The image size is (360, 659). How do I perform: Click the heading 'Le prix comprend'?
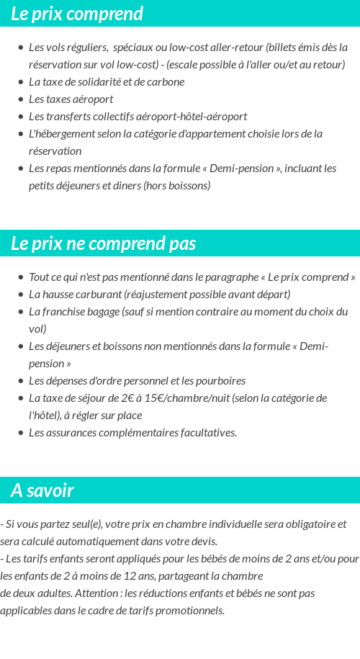pos(77,14)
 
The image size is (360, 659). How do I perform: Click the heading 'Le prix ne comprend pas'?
pos(103,243)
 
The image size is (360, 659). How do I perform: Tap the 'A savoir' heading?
pos(42,490)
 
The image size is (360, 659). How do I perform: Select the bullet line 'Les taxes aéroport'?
pos(71,99)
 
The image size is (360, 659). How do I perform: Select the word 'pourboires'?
pos(220,380)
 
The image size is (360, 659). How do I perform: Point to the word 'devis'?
pos(202,541)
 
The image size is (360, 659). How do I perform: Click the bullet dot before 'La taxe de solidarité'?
pos(20,82)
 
